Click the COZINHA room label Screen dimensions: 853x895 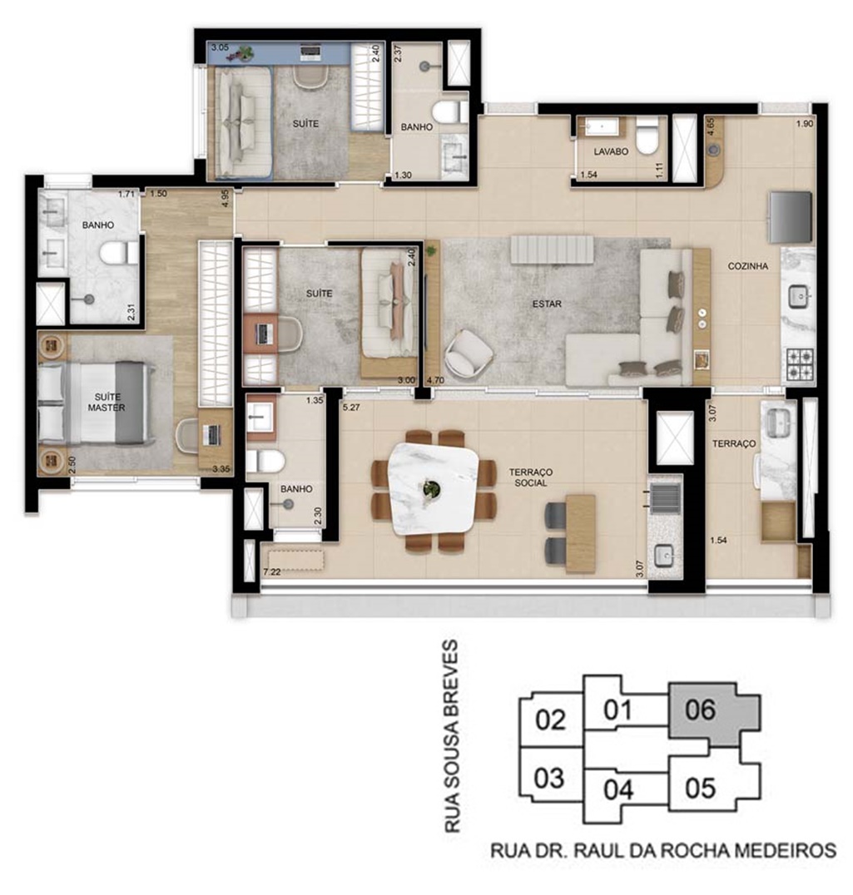point(747,266)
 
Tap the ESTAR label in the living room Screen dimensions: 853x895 point(547,304)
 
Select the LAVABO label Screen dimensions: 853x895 point(611,151)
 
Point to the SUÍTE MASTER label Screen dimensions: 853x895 point(107,402)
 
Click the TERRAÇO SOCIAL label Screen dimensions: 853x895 point(531,477)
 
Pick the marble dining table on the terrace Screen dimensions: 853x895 point(432,488)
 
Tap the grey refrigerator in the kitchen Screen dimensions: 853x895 point(791,217)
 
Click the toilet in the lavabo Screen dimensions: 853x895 point(647,137)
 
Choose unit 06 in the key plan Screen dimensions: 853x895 point(715,714)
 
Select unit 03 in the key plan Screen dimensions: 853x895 point(550,779)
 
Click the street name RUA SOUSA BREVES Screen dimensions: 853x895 point(451,736)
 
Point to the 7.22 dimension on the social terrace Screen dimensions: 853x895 point(272,571)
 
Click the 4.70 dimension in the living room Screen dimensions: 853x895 point(435,379)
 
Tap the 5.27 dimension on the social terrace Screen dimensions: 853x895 point(352,407)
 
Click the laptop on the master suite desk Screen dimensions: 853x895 point(211,435)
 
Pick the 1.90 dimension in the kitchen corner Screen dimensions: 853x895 point(804,123)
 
